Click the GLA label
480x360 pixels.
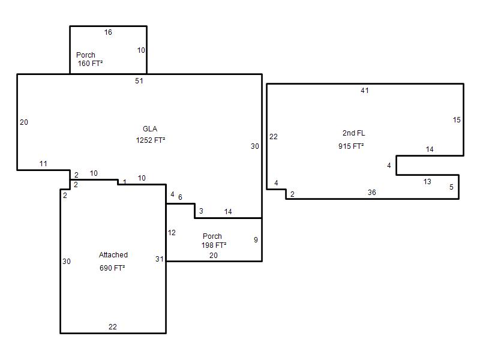tap(150, 129)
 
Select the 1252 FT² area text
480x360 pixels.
tap(151, 140)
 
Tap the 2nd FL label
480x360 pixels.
tap(353, 133)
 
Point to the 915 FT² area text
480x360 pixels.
tap(351, 146)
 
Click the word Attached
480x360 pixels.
tap(113, 254)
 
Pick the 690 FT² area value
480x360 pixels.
tap(112, 268)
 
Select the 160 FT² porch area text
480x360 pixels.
tap(90, 64)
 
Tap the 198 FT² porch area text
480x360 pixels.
tap(214, 245)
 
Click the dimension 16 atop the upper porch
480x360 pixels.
tap(108, 32)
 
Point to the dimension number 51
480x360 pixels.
tap(139, 81)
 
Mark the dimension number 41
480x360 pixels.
tap(365, 91)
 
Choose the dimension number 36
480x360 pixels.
tap(372, 192)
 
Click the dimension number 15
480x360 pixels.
tap(457, 119)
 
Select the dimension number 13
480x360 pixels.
tap(427, 182)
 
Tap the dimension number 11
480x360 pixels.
tap(43, 163)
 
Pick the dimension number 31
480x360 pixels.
tap(160, 259)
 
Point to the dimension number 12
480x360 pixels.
tap(172, 233)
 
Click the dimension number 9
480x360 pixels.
tap(256, 239)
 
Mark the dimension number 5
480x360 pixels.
tap(451, 187)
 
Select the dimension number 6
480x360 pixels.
tap(181, 197)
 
